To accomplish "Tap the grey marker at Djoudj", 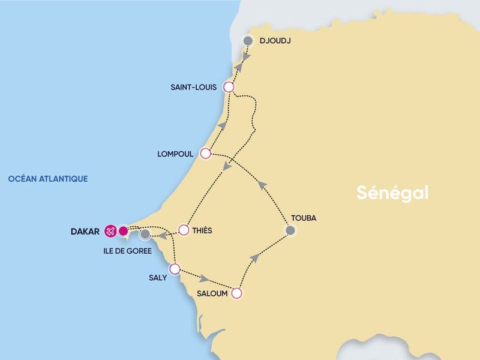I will [x=247, y=41].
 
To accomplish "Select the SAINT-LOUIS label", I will [x=194, y=88].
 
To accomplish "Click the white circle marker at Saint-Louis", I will [x=228, y=87].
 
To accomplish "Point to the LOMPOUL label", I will [x=175, y=154].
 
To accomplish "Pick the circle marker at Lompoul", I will [x=205, y=154].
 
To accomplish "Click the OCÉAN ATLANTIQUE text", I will [x=48, y=179].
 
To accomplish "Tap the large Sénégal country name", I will [x=392, y=193].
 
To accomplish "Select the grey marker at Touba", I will [x=290, y=230].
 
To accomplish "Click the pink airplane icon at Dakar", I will [x=110, y=230].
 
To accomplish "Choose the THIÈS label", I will [x=203, y=230].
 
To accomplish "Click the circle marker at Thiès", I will [x=184, y=230].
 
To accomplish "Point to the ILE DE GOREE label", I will [x=127, y=251].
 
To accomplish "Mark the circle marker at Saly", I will [x=175, y=269].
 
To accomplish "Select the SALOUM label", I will [x=212, y=294].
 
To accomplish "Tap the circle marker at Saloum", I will [x=236, y=293].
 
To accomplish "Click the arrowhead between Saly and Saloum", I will [x=205, y=280].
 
